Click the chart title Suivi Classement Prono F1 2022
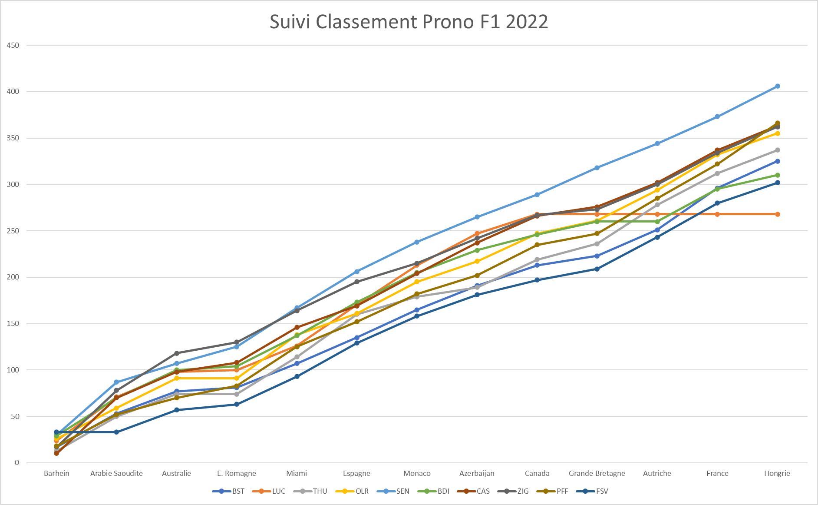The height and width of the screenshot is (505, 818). pyautogui.click(x=409, y=22)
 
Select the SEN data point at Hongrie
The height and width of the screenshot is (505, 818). pyautogui.click(x=777, y=86)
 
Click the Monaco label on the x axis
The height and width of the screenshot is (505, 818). pyautogui.click(x=417, y=473)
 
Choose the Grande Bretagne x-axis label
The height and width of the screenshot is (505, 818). pyautogui.click(x=597, y=473)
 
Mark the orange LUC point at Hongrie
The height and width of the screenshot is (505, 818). pyautogui.click(x=777, y=214)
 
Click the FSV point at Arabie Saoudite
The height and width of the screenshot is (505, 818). pyautogui.click(x=116, y=432)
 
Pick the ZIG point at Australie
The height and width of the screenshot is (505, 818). pyautogui.click(x=177, y=353)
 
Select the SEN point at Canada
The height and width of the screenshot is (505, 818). pyautogui.click(x=537, y=195)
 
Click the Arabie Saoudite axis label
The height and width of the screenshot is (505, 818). pyautogui.click(x=116, y=473)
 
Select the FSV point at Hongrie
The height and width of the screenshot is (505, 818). pyautogui.click(x=777, y=183)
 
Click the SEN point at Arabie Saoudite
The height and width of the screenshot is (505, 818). pyautogui.click(x=116, y=382)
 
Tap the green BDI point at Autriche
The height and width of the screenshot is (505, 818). pyautogui.click(x=657, y=222)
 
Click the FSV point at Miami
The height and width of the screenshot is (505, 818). pyautogui.click(x=297, y=376)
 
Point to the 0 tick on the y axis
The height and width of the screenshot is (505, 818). pyautogui.click(x=17, y=463)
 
